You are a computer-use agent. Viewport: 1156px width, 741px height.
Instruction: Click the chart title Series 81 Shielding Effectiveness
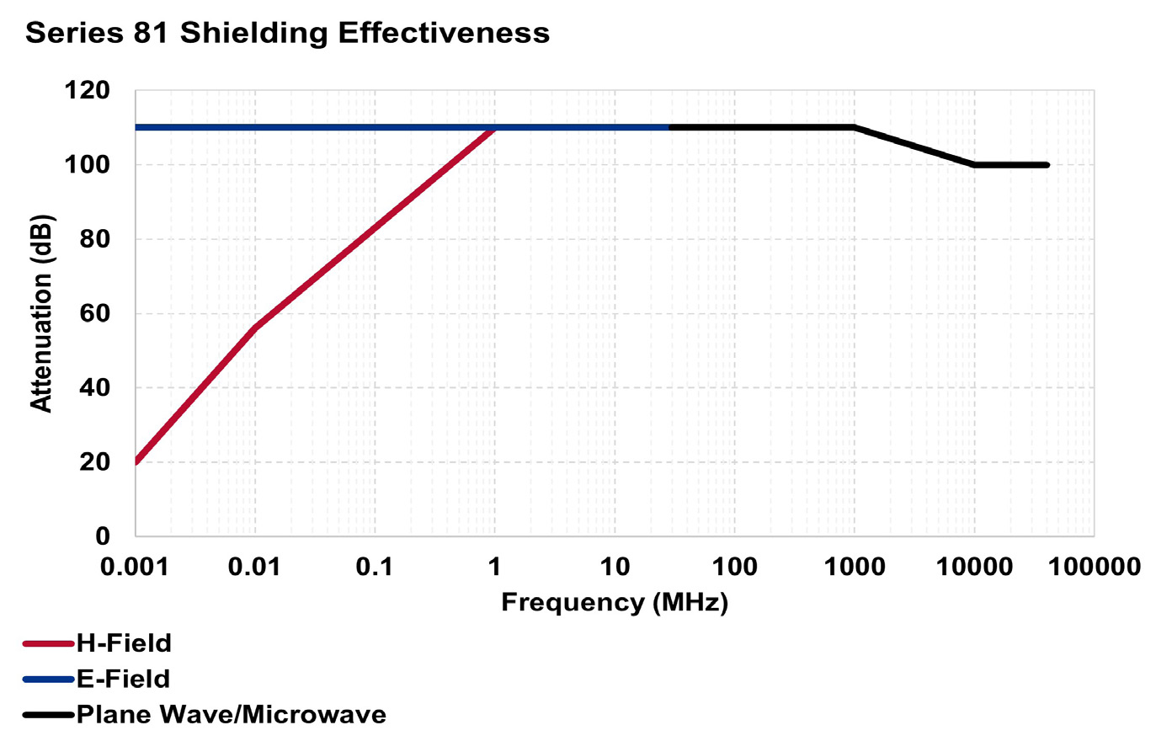[287, 33]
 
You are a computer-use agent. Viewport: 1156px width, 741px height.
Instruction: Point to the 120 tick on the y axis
[88, 90]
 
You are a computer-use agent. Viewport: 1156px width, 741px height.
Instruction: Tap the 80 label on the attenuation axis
[93, 239]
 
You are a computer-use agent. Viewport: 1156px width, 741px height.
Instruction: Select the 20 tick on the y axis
[93, 461]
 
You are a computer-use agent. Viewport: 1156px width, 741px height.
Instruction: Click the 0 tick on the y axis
[103, 536]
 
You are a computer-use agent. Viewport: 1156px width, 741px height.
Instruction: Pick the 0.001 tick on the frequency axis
[135, 567]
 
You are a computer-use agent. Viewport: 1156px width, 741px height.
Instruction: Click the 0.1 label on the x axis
[375, 567]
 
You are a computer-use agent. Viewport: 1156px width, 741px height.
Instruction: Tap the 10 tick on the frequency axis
[615, 567]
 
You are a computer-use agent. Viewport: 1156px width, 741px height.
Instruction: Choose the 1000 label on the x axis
[855, 567]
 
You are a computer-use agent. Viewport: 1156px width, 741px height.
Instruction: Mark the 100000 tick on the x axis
[1094, 567]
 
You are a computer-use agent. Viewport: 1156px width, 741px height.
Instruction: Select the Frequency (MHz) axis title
[615, 602]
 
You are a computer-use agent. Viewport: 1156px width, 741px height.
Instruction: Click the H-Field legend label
[124, 643]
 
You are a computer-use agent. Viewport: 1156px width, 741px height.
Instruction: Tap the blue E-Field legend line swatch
[49, 680]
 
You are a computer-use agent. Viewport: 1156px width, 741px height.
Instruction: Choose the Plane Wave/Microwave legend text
[232, 715]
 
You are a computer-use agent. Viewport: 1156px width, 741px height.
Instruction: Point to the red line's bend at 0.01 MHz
[255, 328]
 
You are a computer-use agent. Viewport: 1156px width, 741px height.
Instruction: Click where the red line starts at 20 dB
[136, 461]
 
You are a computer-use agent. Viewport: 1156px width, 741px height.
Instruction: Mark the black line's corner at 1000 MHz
[855, 127]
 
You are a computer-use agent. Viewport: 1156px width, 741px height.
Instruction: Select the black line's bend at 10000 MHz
[974, 165]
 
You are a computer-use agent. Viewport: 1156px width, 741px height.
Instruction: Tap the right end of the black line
[1047, 165]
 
